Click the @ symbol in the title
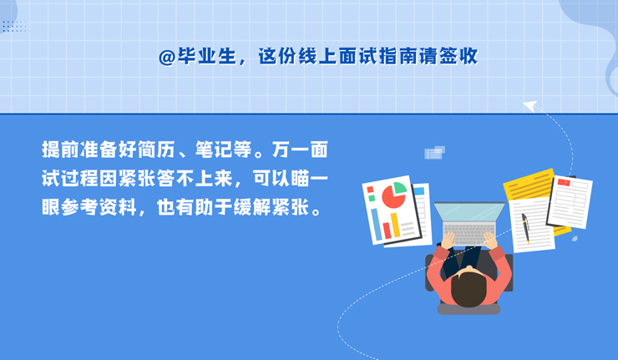[x=167, y=58]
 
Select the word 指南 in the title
[x=398, y=57]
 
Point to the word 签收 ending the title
[x=458, y=57]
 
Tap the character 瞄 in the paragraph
[x=300, y=179]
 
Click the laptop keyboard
[x=469, y=233]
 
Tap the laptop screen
[x=469, y=212]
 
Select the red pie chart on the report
[x=393, y=196]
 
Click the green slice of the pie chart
[x=399, y=188]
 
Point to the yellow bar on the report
[x=395, y=226]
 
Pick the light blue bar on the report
[x=377, y=225]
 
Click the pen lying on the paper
[x=526, y=228]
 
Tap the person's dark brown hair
[x=469, y=288]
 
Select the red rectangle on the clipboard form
[x=564, y=182]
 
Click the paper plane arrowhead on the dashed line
[x=529, y=106]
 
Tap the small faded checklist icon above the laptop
[x=434, y=153]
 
